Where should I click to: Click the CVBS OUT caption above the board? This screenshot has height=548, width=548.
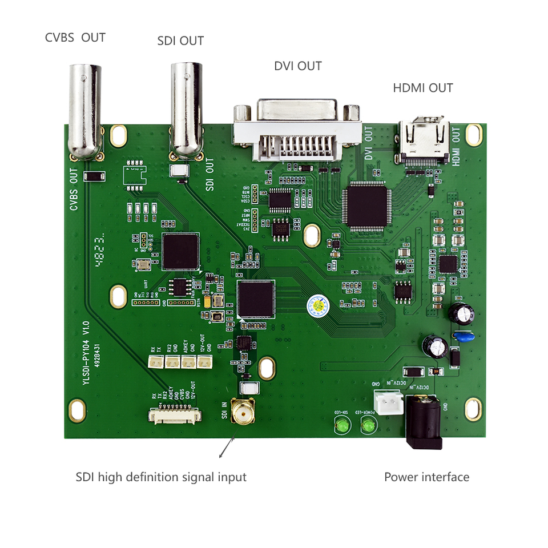(75, 38)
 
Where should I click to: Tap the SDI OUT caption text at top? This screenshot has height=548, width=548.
(180, 41)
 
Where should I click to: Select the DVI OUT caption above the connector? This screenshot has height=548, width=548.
(297, 66)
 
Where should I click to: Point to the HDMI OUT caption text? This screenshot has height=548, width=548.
(422, 88)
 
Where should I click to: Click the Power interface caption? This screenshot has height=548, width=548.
(426, 477)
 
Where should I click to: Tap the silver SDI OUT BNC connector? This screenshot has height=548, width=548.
(187, 108)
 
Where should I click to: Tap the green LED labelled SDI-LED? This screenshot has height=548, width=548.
(342, 426)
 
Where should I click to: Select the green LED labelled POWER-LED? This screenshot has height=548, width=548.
(368, 426)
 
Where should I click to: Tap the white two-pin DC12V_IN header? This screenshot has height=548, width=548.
(386, 401)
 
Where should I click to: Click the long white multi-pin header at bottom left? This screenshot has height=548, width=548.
(175, 416)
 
